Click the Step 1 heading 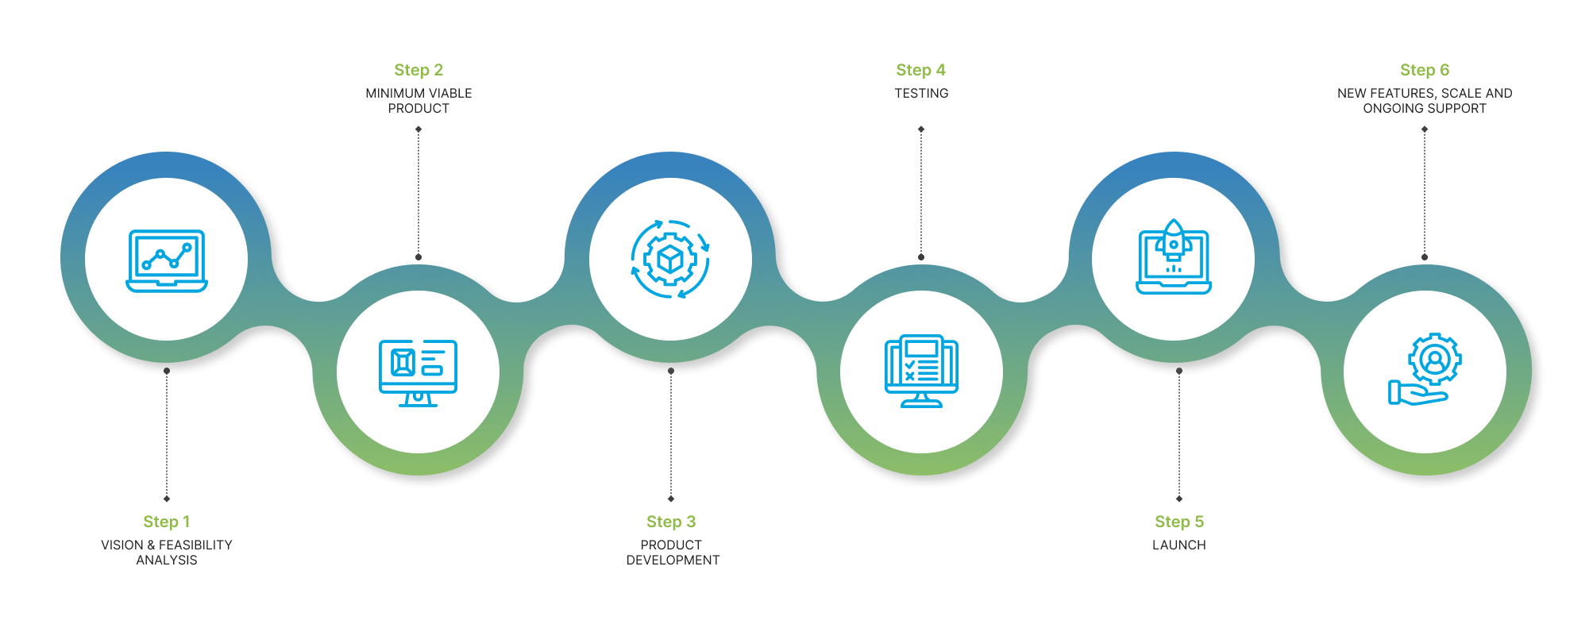click(x=166, y=522)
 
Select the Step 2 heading click(x=418, y=70)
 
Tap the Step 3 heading click(x=671, y=522)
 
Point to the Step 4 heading click(x=920, y=70)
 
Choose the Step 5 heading click(x=1178, y=522)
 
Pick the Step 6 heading click(x=1424, y=70)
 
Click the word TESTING click(x=921, y=94)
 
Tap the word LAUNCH click(x=1178, y=545)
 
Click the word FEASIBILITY click(x=195, y=545)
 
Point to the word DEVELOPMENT click(x=673, y=561)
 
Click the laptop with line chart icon click(x=167, y=260)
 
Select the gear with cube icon click(x=670, y=259)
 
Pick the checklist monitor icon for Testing click(x=921, y=371)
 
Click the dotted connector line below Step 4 click(x=921, y=193)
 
